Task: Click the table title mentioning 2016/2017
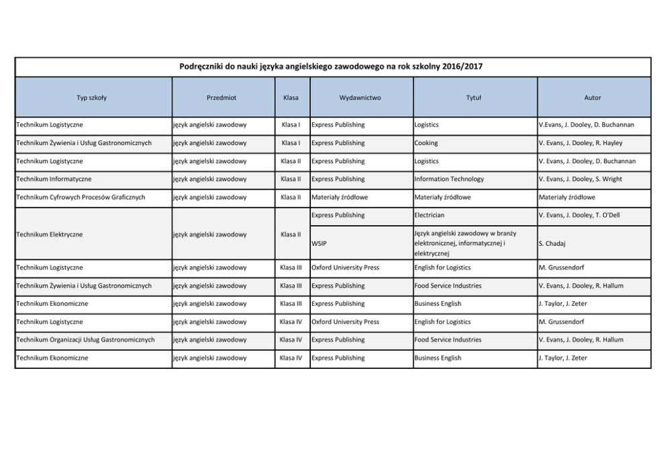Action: (x=331, y=67)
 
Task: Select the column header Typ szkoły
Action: (x=91, y=97)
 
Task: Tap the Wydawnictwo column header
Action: (x=360, y=97)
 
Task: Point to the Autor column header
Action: (x=593, y=97)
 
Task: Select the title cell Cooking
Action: (x=426, y=143)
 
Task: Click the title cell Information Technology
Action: (x=449, y=179)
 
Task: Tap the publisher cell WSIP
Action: (x=319, y=243)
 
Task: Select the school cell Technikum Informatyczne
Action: (x=54, y=179)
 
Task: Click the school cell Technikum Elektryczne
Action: (x=50, y=234)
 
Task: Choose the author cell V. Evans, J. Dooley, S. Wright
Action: (x=580, y=179)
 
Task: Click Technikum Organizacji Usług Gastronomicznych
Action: (x=85, y=340)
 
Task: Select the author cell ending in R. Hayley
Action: (x=580, y=143)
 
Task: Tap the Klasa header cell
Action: (x=291, y=97)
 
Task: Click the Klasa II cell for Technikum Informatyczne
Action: (x=291, y=179)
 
